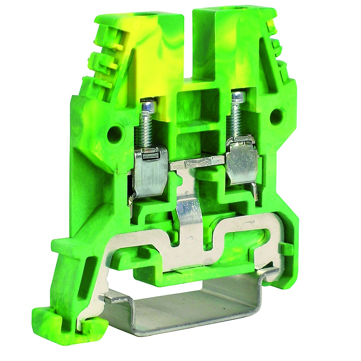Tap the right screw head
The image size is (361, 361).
click(x=238, y=96)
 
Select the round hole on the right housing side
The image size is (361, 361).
click(x=277, y=115)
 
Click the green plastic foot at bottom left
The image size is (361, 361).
click(x=67, y=321)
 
